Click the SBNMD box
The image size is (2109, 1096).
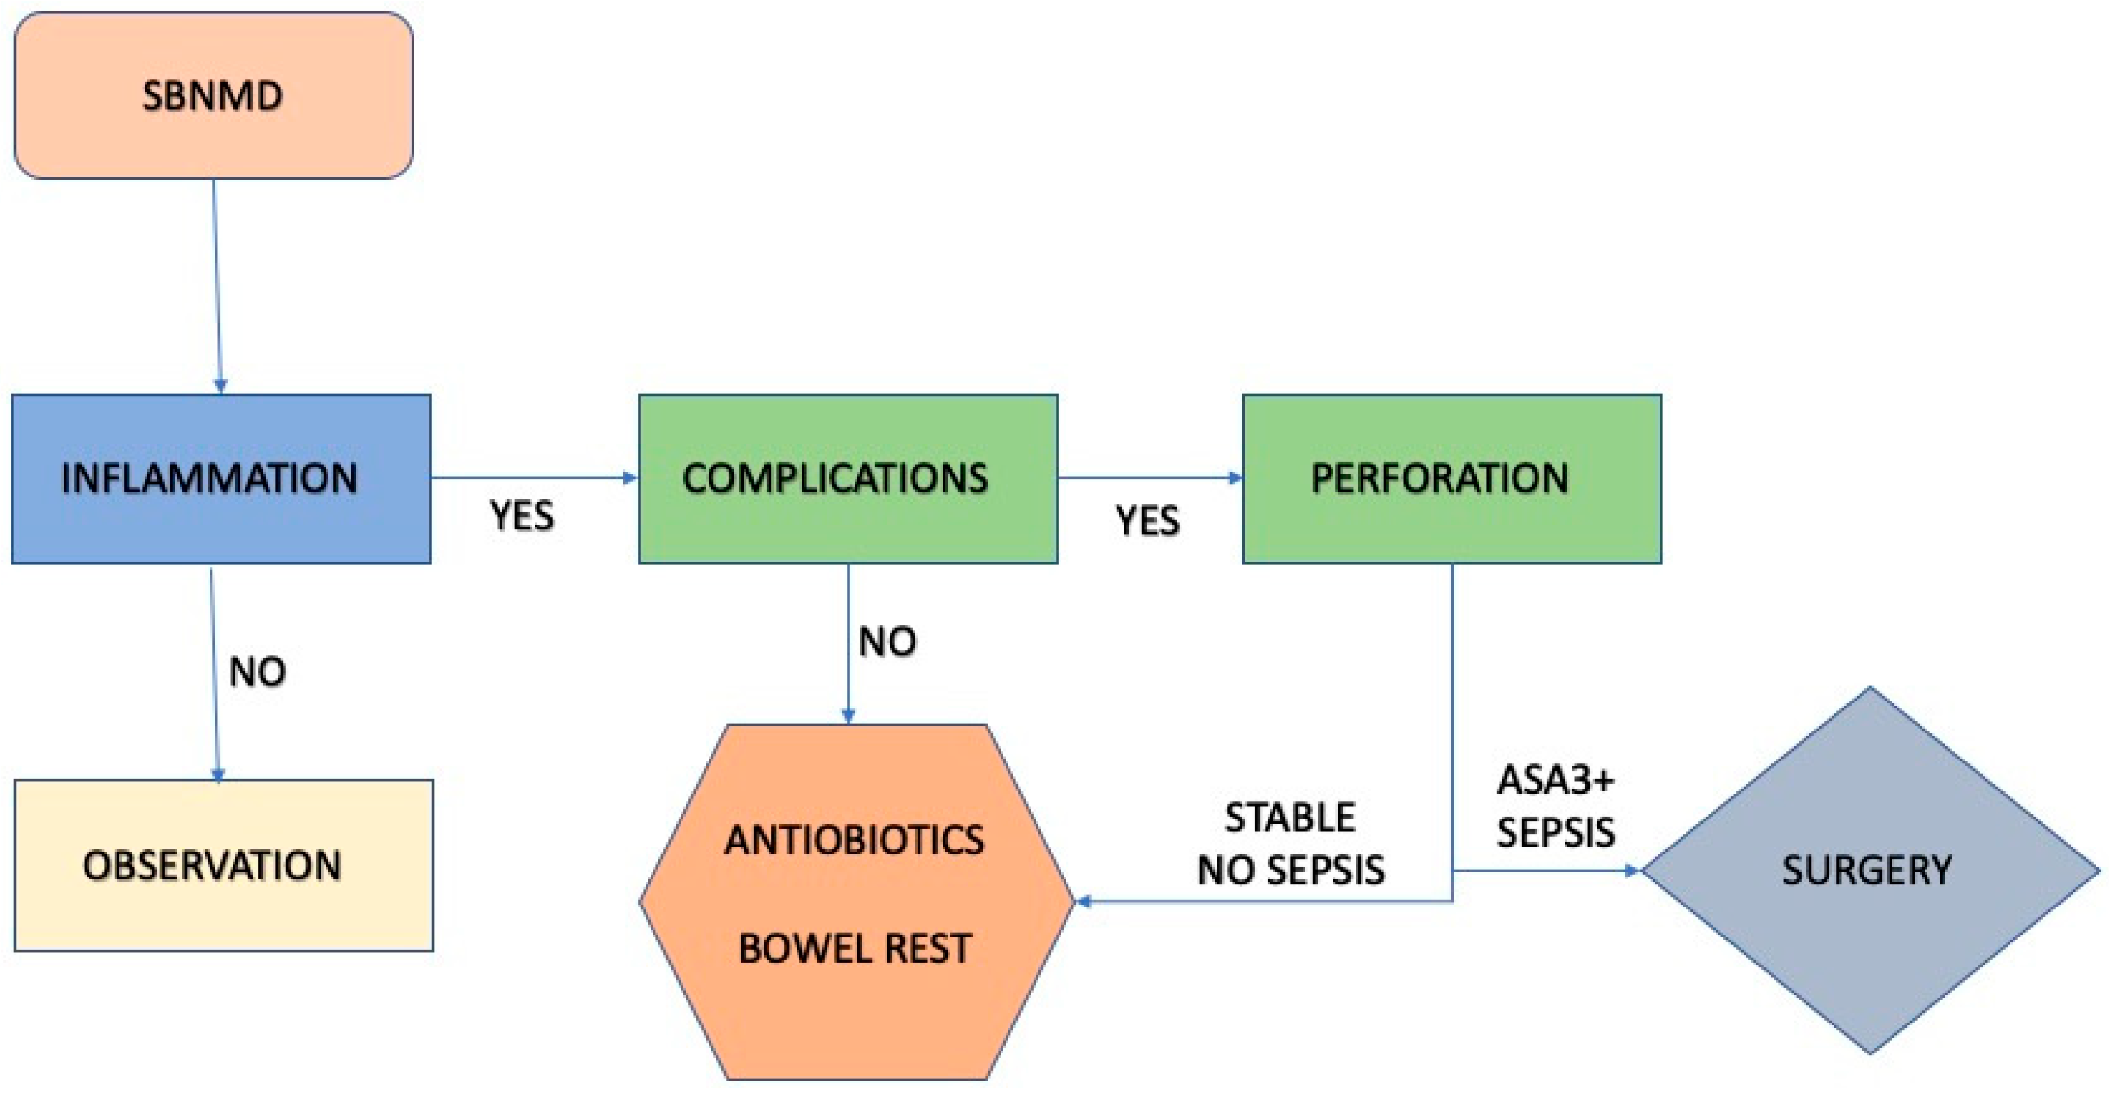coord(213,95)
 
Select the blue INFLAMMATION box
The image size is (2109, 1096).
coord(221,478)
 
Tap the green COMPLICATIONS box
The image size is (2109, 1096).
coord(848,478)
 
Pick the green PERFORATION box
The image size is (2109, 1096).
coord(1451,478)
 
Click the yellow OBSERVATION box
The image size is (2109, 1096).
coord(223,865)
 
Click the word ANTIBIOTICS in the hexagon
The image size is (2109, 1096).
coord(854,840)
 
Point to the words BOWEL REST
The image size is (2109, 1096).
coord(854,949)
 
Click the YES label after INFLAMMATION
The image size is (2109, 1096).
coord(521,516)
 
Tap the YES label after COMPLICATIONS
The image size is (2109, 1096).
coord(1147,521)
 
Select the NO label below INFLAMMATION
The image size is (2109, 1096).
coord(257,672)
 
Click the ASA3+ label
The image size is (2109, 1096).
coord(1555,780)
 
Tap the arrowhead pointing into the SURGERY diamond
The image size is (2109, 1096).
coord(1632,870)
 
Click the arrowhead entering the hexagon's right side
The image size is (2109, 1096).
coord(1083,901)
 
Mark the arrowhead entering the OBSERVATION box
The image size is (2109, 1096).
coord(218,773)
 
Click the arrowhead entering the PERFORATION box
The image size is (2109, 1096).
coord(1235,478)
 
